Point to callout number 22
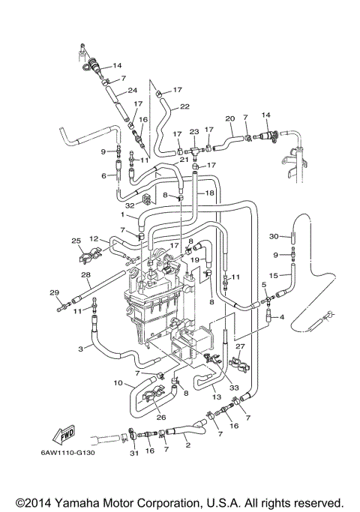[x=184, y=106]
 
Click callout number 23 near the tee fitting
[x=193, y=132]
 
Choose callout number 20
[x=229, y=118]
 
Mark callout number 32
[x=130, y=204]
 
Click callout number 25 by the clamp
[x=76, y=240]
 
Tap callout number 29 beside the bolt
[x=53, y=292]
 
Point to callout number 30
[x=274, y=235]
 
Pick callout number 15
[x=274, y=276]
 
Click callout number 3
[x=79, y=349]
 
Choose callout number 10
[x=117, y=383]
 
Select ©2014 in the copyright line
[x=32, y=502]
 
